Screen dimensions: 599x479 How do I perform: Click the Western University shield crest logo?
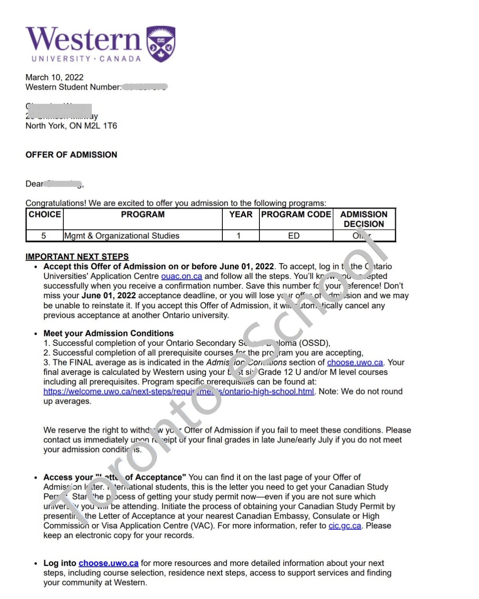pos(161,44)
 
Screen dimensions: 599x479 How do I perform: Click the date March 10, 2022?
pos(54,77)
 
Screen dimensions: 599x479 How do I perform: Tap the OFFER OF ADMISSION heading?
pos(71,155)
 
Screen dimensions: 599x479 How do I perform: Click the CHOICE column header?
pos(45,214)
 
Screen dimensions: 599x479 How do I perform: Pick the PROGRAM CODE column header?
pos(296,214)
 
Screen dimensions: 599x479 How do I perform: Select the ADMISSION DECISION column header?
pos(364,219)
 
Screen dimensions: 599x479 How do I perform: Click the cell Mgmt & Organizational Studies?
pos(121,236)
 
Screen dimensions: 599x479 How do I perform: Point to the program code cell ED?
pos(294,236)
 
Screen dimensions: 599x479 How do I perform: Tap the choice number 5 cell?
pos(44,236)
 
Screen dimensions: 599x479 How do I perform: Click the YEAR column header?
pos(241,214)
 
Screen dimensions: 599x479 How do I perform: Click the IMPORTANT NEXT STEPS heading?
pos(77,256)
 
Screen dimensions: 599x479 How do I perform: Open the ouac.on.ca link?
pos(181,276)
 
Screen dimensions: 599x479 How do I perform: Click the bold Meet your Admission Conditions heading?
pos(109,333)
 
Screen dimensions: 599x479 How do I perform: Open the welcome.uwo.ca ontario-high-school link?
pos(178,391)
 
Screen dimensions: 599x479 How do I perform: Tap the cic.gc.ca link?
pos(344,526)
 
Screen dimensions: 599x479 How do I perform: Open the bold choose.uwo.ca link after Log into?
pos(109,563)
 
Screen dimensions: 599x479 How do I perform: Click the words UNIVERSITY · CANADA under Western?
pos(86,59)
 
